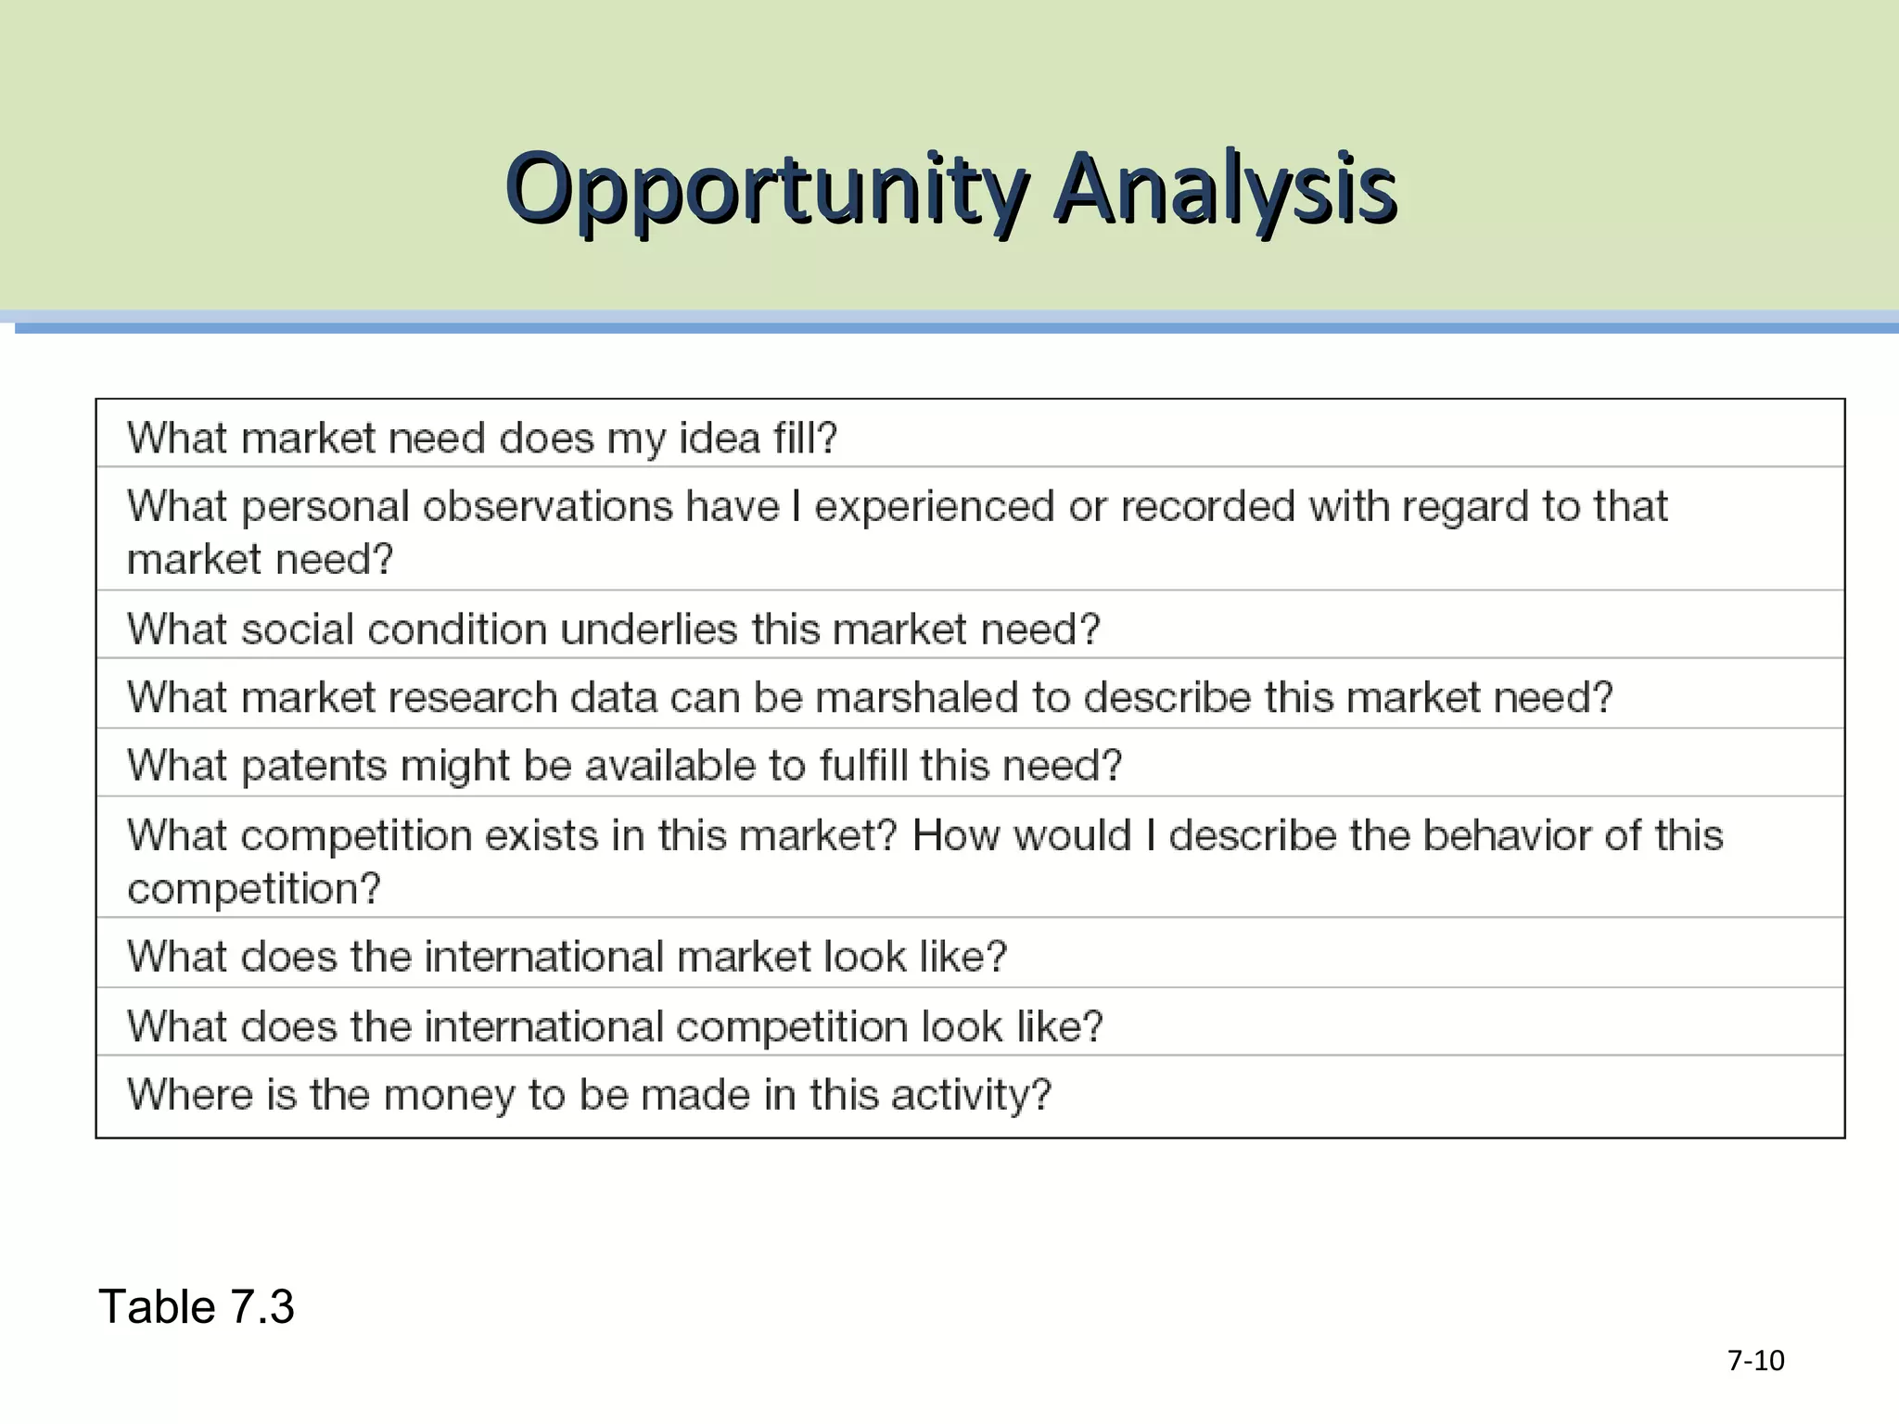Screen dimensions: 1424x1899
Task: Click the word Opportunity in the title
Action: pos(765,190)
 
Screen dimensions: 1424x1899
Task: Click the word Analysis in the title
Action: pos(1225,190)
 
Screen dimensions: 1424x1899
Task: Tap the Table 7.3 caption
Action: pos(196,1307)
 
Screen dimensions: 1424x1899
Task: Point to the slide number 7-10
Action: pos(1755,1361)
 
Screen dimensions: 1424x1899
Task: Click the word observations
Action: pos(548,506)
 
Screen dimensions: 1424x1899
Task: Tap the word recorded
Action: pos(1207,506)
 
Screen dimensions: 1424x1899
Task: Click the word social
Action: pos(297,629)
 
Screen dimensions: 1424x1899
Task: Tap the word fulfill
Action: pos(862,766)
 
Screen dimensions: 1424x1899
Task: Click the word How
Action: pos(955,835)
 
